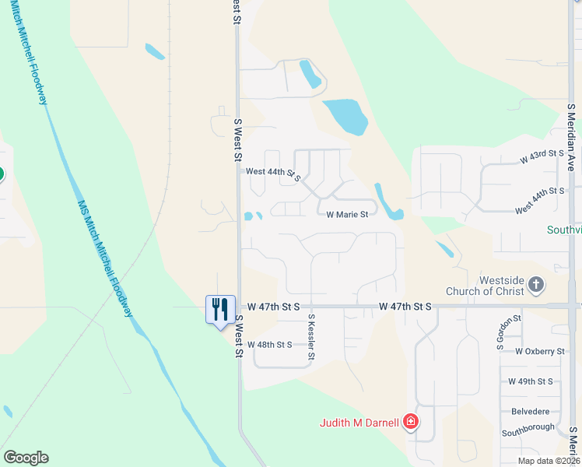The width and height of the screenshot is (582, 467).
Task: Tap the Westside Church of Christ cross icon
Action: [x=535, y=285]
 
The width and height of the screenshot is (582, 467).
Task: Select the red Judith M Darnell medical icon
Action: [x=411, y=423]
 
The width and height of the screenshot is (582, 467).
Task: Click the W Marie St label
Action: [x=346, y=214]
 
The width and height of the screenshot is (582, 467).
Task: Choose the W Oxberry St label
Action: [x=539, y=351]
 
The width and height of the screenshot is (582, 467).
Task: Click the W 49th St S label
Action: [x=530, y=381]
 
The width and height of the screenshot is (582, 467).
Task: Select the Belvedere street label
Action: [x=531, y=411]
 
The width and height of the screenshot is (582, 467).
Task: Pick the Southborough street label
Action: [x=528, y=428]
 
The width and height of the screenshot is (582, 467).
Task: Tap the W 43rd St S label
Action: [x=542, y=155]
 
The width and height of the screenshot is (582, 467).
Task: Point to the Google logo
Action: [x=26, y=458]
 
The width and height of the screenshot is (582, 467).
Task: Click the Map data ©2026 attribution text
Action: [x=548, y=461]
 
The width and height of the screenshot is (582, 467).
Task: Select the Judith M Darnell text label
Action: [x=359, y=423]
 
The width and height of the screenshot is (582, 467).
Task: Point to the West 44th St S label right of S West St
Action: [x=272, y=172]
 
